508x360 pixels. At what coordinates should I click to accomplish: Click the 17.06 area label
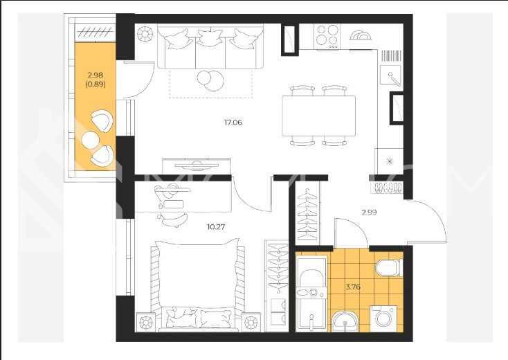(233, 123)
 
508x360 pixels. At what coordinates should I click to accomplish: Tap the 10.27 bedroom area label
(216, 227)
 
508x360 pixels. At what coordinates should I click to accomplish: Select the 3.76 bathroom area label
(353, 287)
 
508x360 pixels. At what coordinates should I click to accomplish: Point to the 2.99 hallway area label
(369, 213)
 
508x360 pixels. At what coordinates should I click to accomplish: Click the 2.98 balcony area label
(96, 75)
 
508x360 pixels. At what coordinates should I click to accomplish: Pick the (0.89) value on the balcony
(96, 84)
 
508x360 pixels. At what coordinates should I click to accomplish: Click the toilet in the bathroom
(389, 267)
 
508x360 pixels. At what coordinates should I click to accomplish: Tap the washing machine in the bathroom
(383, 318)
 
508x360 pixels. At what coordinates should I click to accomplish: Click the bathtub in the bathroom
(311, 294)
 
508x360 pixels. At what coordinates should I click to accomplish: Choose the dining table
(319, 116)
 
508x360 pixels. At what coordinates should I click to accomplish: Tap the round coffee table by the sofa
(210, 80)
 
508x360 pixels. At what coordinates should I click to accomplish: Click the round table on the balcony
(91, 140)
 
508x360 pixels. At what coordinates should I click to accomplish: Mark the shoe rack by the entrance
(388, 188)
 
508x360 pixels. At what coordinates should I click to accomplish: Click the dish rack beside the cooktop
(361, 35)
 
